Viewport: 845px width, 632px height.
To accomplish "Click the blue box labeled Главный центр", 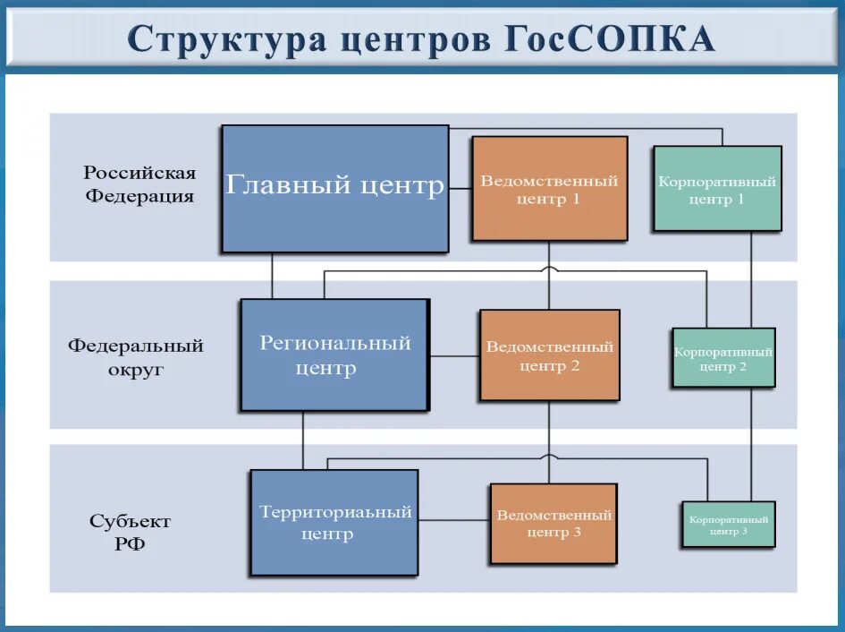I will (334, 188).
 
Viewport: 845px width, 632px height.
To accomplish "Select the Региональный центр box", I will (334, 354).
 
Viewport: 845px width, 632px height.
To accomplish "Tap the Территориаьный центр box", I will (334, 522).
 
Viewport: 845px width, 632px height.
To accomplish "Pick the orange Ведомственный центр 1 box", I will (549, 188).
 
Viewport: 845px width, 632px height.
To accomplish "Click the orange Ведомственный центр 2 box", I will (549, 354).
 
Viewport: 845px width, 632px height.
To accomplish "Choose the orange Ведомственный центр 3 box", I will (553, 523).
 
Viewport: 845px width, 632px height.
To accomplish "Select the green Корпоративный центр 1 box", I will (717, 189).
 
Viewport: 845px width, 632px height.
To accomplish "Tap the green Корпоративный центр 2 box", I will (722, 357).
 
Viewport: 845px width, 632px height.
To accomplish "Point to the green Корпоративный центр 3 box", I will (728, 524).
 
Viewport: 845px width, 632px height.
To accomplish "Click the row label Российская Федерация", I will (139, 184).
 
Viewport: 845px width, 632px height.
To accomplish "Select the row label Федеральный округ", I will (136, 356).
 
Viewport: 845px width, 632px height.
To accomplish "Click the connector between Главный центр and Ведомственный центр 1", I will (460, 188).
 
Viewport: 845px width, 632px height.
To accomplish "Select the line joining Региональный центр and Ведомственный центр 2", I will (454, 356).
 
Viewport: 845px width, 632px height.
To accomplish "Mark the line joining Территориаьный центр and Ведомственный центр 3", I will (454, 520).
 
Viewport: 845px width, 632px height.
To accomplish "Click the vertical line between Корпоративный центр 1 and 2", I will (751, 278).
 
